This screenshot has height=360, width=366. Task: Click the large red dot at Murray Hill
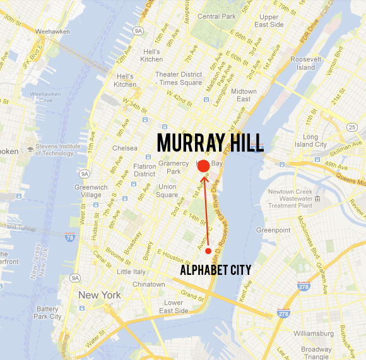click(203, 166)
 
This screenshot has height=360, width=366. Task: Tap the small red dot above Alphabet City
click(208, 251)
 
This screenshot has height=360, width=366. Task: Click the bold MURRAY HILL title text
click(210, 142)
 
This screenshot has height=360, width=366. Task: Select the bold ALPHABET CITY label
click(215, 270)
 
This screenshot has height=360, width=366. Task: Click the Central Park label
click(216, 16)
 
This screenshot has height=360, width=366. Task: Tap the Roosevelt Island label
click(306, 64)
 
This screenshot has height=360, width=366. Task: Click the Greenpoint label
click(273, 231)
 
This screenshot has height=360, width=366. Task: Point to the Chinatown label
click(148, 284)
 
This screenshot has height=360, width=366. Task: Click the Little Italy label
click(131, 272)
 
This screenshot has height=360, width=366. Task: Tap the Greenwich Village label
click(91, 191)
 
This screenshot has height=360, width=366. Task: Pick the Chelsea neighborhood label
click(124, 148)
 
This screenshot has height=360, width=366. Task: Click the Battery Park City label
click(49, 313)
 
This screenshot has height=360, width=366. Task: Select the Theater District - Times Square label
click(179, 78)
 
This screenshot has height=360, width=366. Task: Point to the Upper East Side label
click(269, 21)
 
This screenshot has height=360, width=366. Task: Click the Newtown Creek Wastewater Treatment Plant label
click(291, 199)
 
